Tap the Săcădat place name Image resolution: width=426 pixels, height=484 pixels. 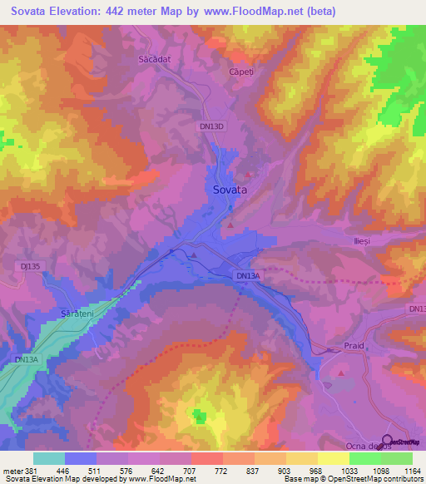pos(154,60)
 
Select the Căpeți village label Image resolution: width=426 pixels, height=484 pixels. pos(242,72)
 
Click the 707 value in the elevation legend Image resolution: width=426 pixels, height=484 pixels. pos(198,470)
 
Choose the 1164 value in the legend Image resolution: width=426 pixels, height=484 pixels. pos(402,470)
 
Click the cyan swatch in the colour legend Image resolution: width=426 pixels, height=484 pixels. pos(49,457)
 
